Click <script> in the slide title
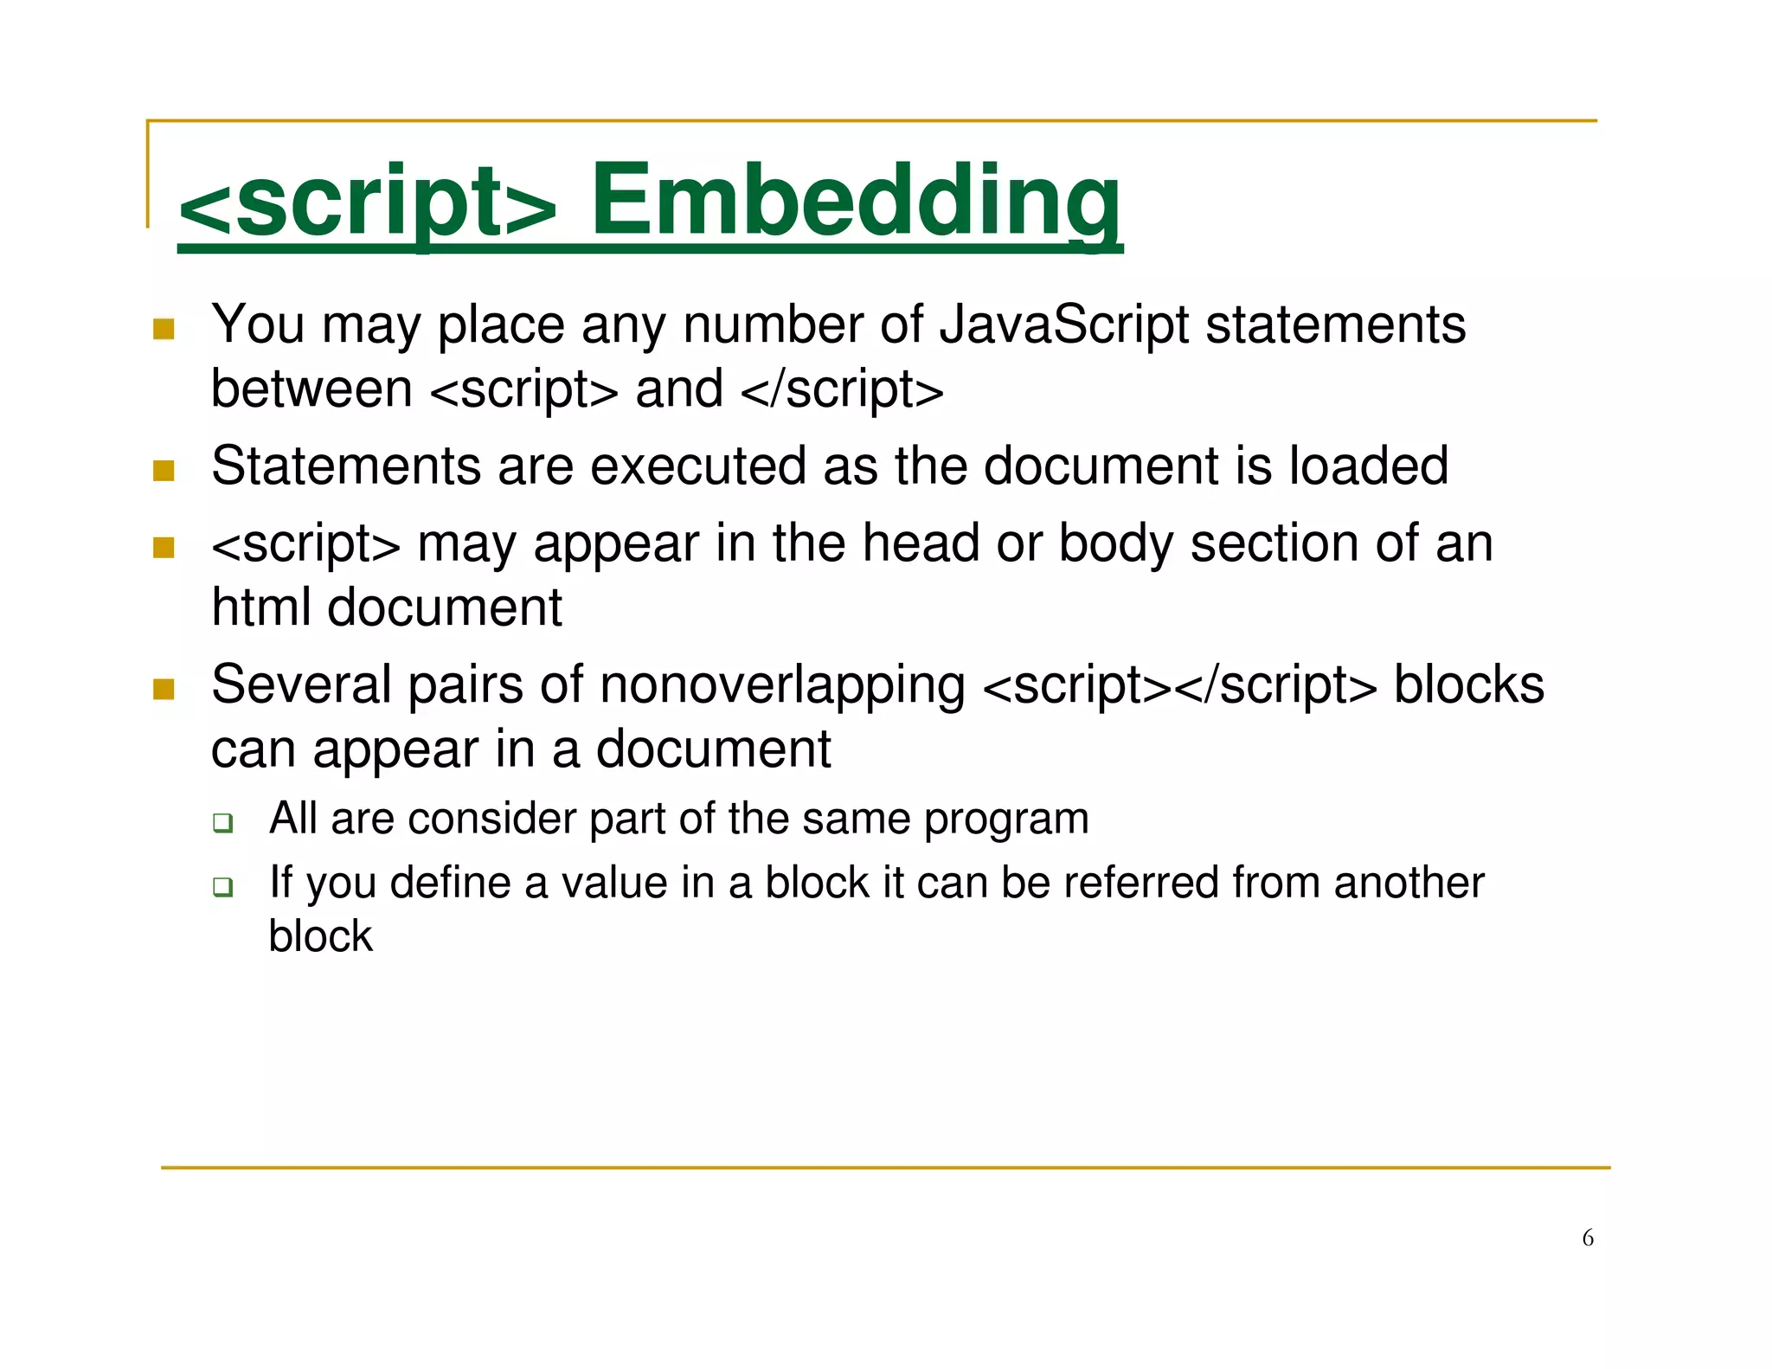367,202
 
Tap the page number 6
1588,1238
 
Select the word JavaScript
1064,325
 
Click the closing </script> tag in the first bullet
842,389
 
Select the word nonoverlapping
782,685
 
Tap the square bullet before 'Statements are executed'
164,471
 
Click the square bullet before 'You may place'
164,329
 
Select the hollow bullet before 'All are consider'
223,823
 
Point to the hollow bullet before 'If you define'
223,887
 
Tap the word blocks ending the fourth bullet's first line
1468,685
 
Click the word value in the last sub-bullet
613,884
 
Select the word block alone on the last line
320,937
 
